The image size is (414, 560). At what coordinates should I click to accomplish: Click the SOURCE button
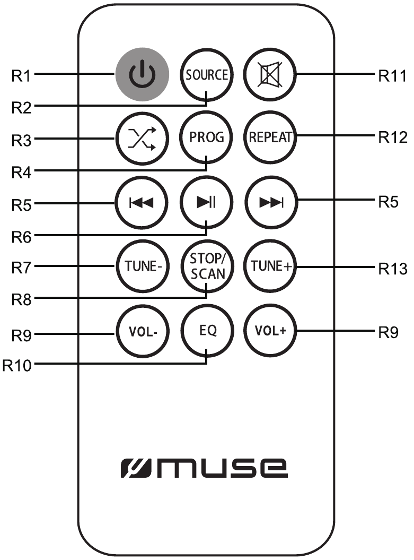pyautogui.click(x=207, y=75)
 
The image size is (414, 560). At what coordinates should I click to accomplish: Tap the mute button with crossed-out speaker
pyautogui.click(x=270, y=75)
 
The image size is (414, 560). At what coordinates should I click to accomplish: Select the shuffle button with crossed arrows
pyautogui.click(x=142, y=138)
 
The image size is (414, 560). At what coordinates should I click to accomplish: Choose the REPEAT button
pyautogui.click(x=270, y=137)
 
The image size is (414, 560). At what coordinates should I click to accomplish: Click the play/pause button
pyautogui.click(x=207, y=202)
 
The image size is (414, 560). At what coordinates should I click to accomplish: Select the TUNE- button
pyautogui.click(x=142, y=266)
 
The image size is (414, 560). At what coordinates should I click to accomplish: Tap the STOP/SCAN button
pyautogui.click(x=207, y=266)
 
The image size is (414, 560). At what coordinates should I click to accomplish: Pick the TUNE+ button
pyautogui.click(x=270, y=266)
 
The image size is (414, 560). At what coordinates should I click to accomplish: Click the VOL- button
pyautogui.click(x=142, y=331)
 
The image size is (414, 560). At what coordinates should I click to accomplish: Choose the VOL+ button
pyautogui.click(x=270, y=330)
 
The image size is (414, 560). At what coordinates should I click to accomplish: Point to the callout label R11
pyautogui.click(x=392, y=76)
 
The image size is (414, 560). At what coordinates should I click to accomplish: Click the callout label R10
pyautogui.click(x=17, y=365)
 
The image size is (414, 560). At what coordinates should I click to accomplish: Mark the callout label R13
pyautogui.click(x=393, y=268)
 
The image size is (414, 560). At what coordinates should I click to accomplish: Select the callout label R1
pyautogui.click(x=21, y=76)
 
